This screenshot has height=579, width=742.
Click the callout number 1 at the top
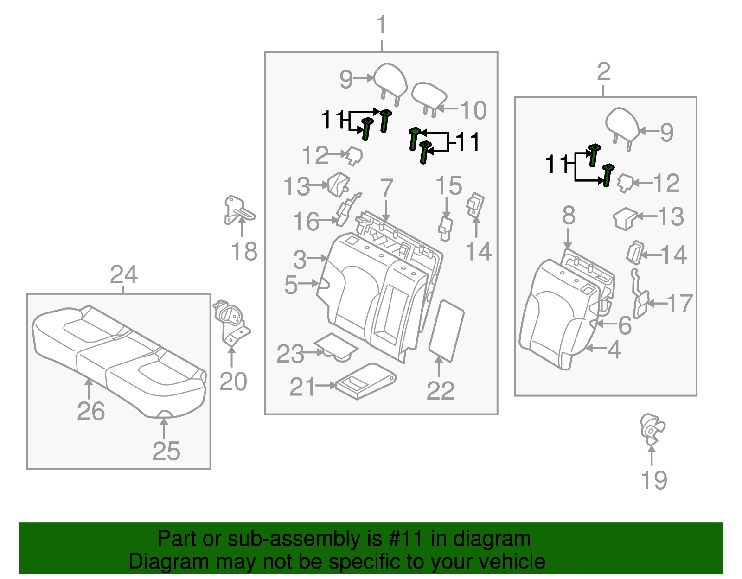click(x=381, y=25)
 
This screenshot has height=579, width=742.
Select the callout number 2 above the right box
click(x=603, y=72)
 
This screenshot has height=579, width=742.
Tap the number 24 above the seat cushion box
click(x=123, y=275)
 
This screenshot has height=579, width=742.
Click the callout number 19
click(x=654, y=480)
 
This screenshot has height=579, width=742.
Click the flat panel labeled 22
click(x=446, y=330)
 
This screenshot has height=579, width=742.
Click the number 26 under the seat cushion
click(x=91, y=411)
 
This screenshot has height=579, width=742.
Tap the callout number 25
click(x=166, y=451)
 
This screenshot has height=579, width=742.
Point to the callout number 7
click(x=386, y=188)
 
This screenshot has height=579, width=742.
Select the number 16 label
click(x=306, y=222)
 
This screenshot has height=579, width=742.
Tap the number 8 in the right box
click(x=569, y=216)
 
